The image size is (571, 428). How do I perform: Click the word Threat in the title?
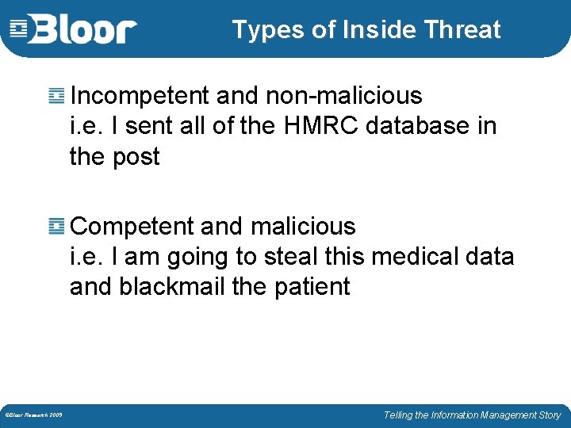click(462, 30)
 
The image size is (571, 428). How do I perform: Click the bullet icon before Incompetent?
click(56, 97)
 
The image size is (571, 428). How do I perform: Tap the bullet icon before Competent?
click(56, 227)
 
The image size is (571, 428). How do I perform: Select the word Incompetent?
click(140, 97)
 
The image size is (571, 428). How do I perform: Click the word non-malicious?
click(343, 96)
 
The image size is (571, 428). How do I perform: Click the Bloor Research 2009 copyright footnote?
click(34, 415)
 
